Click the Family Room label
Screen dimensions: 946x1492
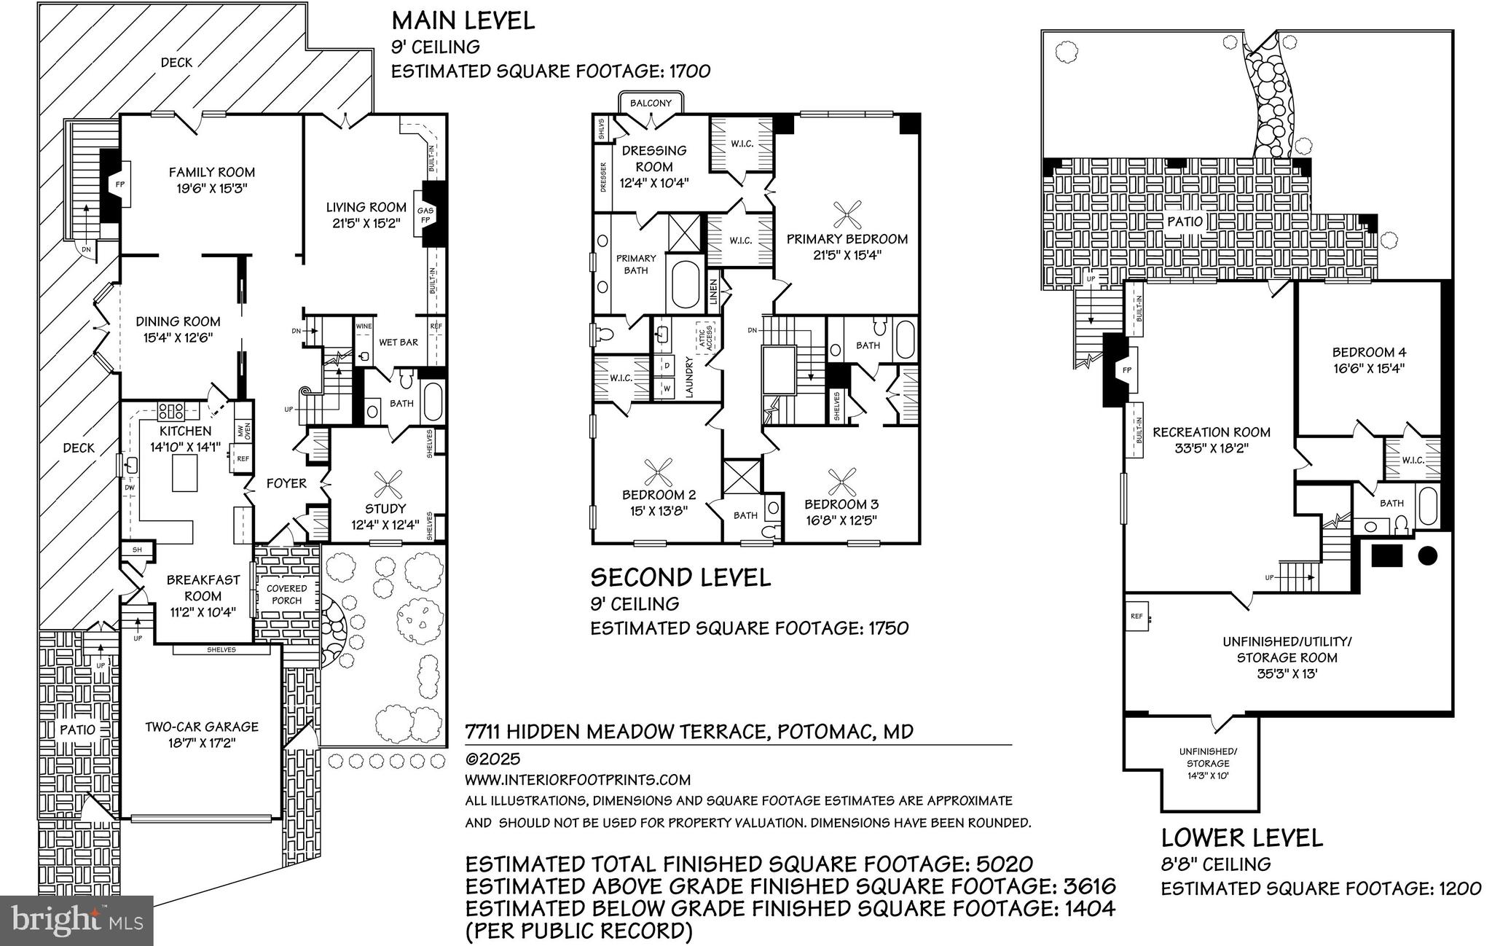click(x=212, y=173)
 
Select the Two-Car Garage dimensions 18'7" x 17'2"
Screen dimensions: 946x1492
click(x=202, y=743)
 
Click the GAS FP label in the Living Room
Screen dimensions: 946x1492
click(x=425, y=215)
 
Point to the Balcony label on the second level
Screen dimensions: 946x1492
click(x=651, y=103)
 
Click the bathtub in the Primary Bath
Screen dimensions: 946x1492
click(x=685, y=286)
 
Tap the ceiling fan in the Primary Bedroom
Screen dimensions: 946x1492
click(x=847, y=214)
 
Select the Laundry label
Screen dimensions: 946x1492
click(x=689, y=376)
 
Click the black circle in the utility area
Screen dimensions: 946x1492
click(x=1427, y=556)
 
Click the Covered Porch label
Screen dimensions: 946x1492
click(x=286, y=594)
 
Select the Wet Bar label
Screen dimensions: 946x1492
click(x=398, y=342)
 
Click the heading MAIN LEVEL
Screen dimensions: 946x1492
click(x=463, y=20)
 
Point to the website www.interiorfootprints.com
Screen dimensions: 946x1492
click(x=578, y=780)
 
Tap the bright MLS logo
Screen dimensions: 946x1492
click(x=76, y=921)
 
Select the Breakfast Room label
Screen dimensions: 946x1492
click(x=203, y=587)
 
